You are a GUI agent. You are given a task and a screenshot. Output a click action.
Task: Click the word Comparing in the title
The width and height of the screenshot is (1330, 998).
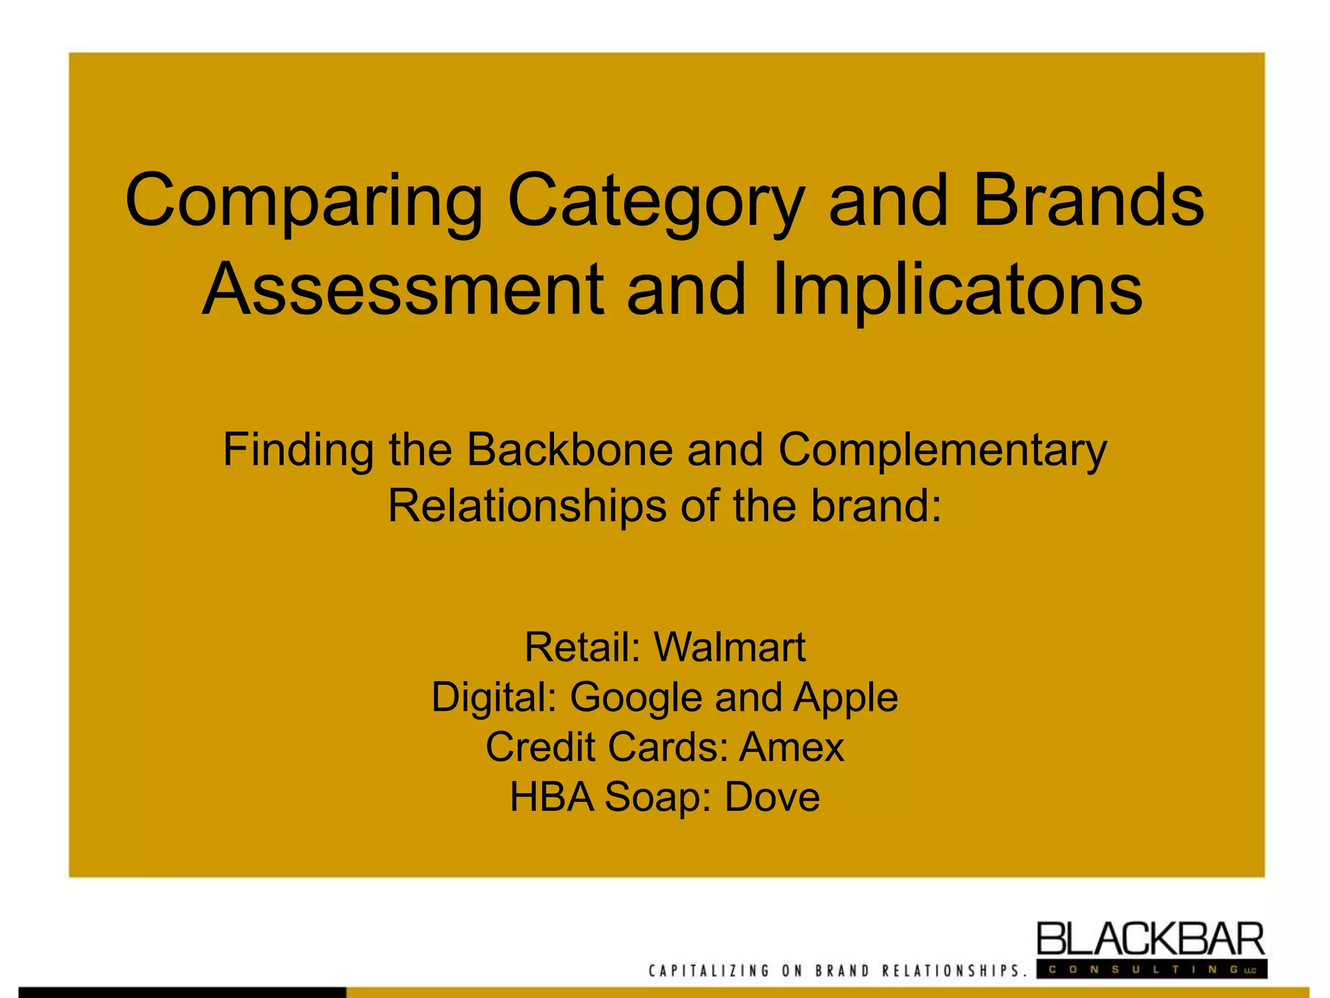click(x=303, y=201)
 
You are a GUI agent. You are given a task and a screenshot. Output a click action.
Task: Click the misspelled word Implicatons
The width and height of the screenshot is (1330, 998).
click(x=957, y=290)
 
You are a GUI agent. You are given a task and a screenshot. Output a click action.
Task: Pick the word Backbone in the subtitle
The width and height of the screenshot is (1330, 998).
click(x=570, y=450)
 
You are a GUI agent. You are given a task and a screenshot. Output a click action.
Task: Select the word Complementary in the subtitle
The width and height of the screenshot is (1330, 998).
click(x=942, y=451)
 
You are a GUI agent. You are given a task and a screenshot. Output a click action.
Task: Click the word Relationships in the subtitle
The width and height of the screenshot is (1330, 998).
click(x=527, y=506)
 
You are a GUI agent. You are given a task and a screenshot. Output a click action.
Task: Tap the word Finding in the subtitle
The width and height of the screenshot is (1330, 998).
click(x=298, y=451)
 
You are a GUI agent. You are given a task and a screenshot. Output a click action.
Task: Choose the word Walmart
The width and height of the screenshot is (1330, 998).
click(x=729, y=647)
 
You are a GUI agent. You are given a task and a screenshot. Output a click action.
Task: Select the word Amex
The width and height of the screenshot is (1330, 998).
click(x=792, y=747)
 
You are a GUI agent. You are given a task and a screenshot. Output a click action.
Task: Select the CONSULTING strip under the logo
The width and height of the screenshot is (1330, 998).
click(x=1151, y=969)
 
